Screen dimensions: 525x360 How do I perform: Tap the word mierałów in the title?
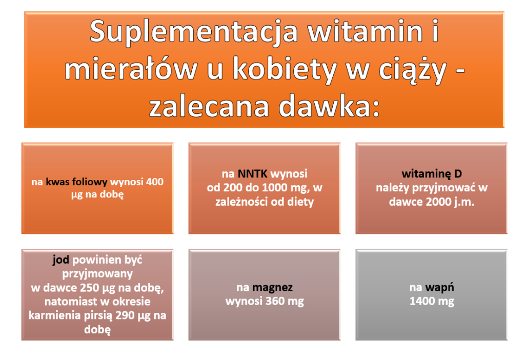[131, 69]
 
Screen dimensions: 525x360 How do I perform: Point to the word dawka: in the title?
[330, 106]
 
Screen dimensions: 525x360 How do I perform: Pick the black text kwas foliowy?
[76, 182]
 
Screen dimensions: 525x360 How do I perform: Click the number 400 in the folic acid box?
[155, 182]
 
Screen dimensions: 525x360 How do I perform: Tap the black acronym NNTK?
[252, 174]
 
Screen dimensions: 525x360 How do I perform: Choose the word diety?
[300, 202]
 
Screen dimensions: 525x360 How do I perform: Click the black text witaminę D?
[432, 174]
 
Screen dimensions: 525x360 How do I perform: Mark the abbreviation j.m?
[465, 202]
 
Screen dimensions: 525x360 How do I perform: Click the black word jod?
[60, 260]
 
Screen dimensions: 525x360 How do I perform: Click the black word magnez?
[273, 288]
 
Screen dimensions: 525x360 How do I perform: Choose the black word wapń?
[439, 288]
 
